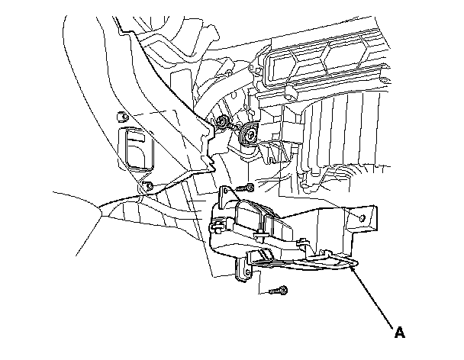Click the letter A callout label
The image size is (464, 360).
398,332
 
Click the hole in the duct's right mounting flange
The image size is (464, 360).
360,219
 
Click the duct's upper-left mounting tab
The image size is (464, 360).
225,196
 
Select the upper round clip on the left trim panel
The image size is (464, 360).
120,117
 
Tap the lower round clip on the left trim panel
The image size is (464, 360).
147,187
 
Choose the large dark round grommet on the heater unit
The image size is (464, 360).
249,136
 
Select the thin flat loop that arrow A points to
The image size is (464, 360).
305,262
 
